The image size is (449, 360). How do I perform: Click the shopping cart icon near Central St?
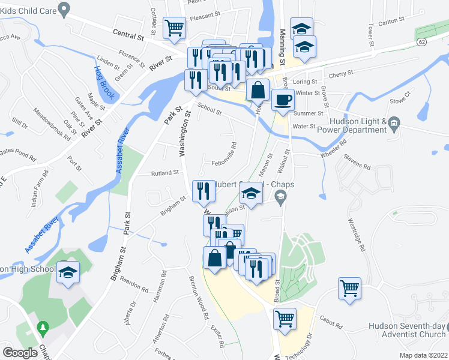coord(174,27)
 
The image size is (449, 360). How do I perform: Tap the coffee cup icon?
coord(283,99)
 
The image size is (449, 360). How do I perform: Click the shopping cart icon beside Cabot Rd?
coord(285,317)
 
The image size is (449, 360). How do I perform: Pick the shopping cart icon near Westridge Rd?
coord(349,287)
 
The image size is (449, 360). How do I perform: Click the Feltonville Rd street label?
coord(225,154)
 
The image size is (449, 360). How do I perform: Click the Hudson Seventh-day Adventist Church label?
coord(408,331)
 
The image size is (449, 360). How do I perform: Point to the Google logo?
coord(20,353)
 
